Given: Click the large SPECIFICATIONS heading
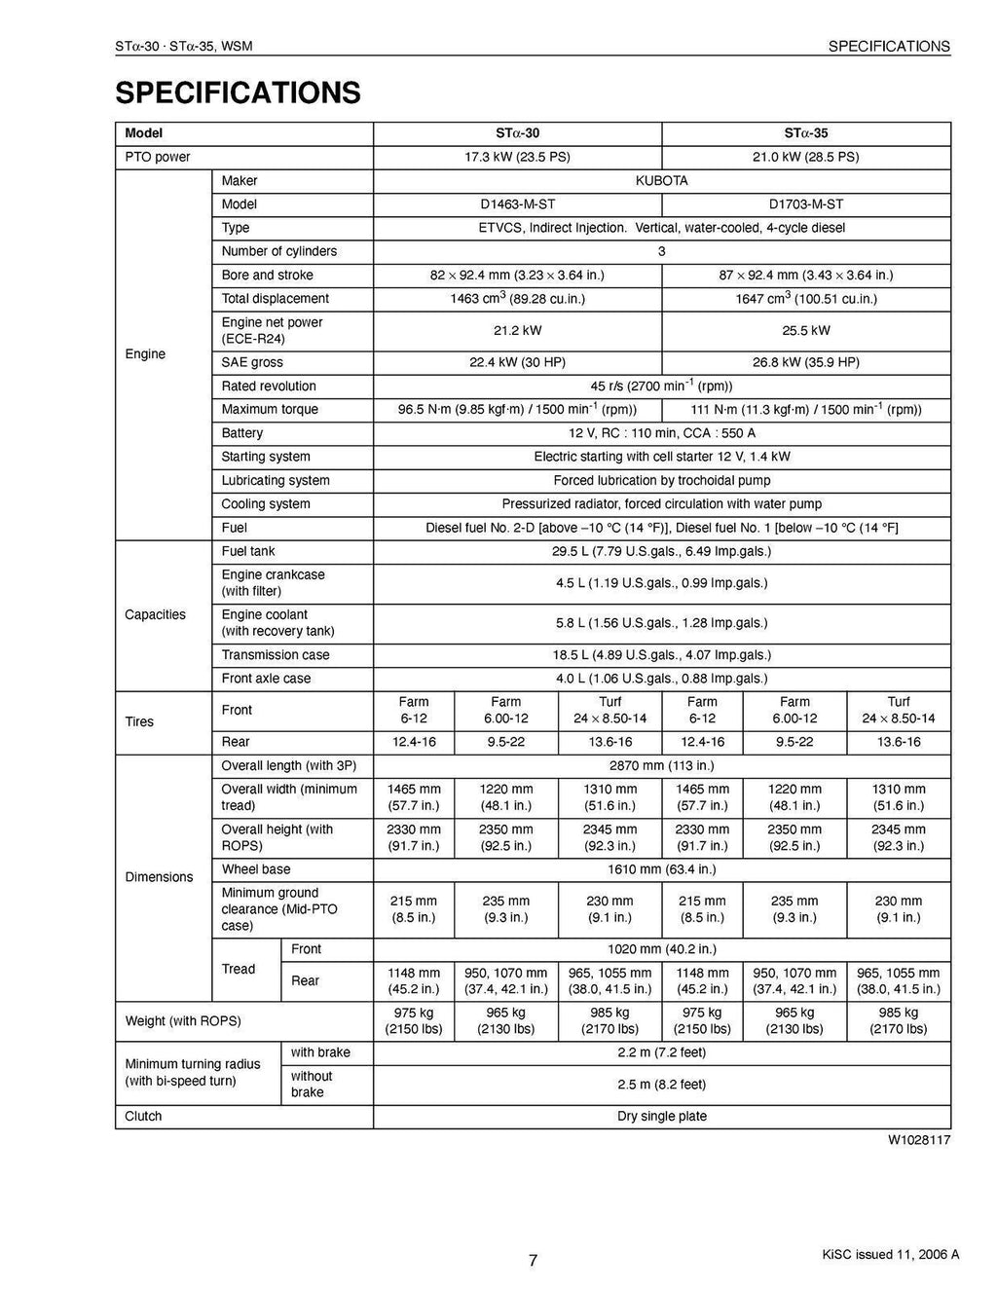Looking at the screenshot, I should (x=238, y=93).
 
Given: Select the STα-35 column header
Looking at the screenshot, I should (x=805, y=133).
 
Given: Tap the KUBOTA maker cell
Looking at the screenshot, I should (x=661, y=181).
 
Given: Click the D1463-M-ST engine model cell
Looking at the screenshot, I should (x=517, y=204).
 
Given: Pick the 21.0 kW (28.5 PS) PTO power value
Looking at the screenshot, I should (x=805, y=157).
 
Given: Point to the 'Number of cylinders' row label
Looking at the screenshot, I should (x=278, y=251).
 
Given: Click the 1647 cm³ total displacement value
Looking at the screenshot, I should (x=805, y=299).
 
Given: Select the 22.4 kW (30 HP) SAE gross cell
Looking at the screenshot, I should (x=517, y=362).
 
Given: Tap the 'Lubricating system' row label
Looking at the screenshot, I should (x=275, y=480).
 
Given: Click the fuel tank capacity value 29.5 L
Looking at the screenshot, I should (x=661, y=551).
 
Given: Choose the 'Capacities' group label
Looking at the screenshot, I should (x=155, y=614).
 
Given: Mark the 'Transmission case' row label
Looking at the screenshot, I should (x=275, y=655).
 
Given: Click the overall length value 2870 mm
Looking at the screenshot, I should (x=661, y=766).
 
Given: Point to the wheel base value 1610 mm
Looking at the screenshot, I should (x=661, y=869).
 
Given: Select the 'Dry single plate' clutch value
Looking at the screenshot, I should (x=661, y=1116).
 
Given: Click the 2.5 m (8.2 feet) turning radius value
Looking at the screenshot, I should (x=661, y=1085).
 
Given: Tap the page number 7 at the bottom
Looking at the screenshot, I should (x=533, y=1261).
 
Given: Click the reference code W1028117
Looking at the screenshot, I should (x=918, y=1139).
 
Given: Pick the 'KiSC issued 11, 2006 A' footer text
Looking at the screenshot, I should (x=890, y=1254).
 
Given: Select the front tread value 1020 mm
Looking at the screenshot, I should (x=661, y=949).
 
